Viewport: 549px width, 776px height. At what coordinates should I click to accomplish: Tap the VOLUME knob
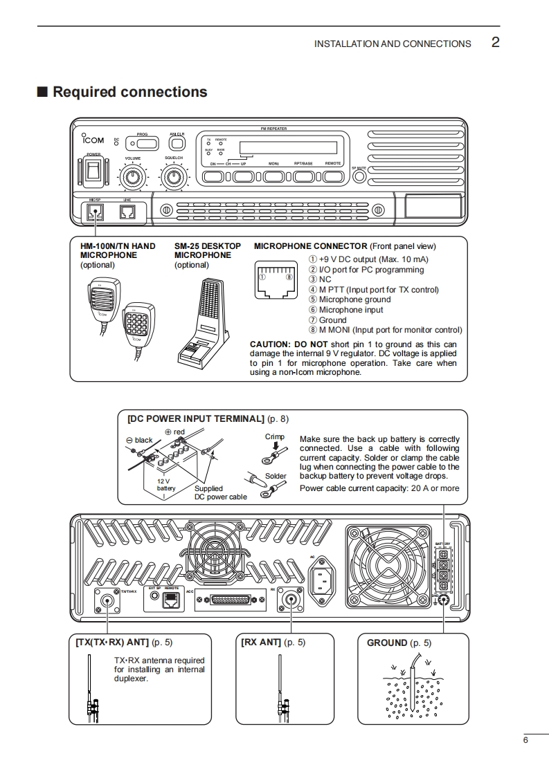[134, 178]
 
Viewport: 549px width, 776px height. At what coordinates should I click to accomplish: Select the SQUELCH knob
[174, 178]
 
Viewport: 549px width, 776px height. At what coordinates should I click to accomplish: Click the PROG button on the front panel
[143, 143]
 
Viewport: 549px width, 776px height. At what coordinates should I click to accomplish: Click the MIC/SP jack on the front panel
[95, 212]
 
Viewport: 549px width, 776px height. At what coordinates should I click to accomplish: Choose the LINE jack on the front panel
[127, 212]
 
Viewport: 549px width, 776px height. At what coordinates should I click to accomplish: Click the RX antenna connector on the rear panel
[289, 600]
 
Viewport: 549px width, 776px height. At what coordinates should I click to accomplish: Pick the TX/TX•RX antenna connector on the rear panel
[108, 600]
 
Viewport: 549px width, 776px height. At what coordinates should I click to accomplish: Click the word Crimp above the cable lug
[275, 437]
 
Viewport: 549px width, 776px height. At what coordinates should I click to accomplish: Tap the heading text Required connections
[129, 92]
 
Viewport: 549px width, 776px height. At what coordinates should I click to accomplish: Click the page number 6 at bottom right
[525, 741]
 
